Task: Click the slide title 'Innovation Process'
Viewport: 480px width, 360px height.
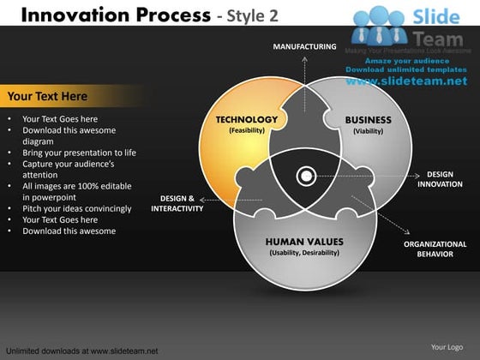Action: [x=111, y=15]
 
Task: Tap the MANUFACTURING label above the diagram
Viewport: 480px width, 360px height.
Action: [x=304, y=46]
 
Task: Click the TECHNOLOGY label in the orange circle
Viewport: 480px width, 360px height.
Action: [x=247, y=120]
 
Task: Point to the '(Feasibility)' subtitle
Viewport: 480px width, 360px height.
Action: [x=248, y=131]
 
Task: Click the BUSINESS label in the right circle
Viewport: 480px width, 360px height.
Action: [x=368, y=120]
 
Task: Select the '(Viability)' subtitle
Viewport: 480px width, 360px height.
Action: [x=368, y=132]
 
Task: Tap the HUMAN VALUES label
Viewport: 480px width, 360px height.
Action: [x=304, y=242]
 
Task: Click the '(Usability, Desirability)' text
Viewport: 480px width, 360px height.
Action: [x=304, y=253]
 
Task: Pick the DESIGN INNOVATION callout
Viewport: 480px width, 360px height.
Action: [x=440, y=179]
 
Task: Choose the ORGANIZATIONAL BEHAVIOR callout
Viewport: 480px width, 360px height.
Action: [x=435, y=249]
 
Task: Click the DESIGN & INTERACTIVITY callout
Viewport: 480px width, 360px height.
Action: [x=177, y=203]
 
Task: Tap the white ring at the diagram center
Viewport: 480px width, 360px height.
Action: [x=304, y=177]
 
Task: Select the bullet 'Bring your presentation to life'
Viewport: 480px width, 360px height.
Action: [x=79, y=153]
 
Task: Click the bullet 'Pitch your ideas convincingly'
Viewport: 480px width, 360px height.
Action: [x=76, y=208]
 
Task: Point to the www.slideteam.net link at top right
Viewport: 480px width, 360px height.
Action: [x=406, y=81]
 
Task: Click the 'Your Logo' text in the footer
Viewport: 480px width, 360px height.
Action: [x=447, y=347]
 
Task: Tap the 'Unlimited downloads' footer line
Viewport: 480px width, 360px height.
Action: [x=81, y=351]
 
